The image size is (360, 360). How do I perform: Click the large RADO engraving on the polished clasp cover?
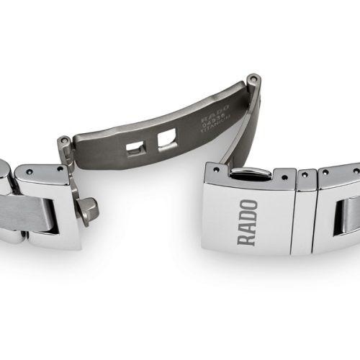point(247,222)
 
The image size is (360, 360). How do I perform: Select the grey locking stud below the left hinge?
point(89,210)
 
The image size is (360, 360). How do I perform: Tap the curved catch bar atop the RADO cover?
point(248,173)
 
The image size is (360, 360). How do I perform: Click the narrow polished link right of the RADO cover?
point(305,212)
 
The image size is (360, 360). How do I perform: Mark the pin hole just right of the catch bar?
point(284,174)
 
